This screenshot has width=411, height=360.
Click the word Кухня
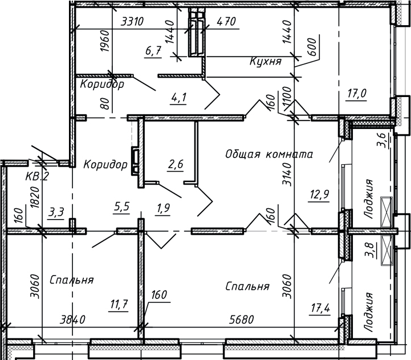266,61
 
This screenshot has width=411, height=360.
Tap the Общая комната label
270,153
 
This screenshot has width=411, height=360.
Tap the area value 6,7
154,51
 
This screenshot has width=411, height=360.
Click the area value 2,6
175,165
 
